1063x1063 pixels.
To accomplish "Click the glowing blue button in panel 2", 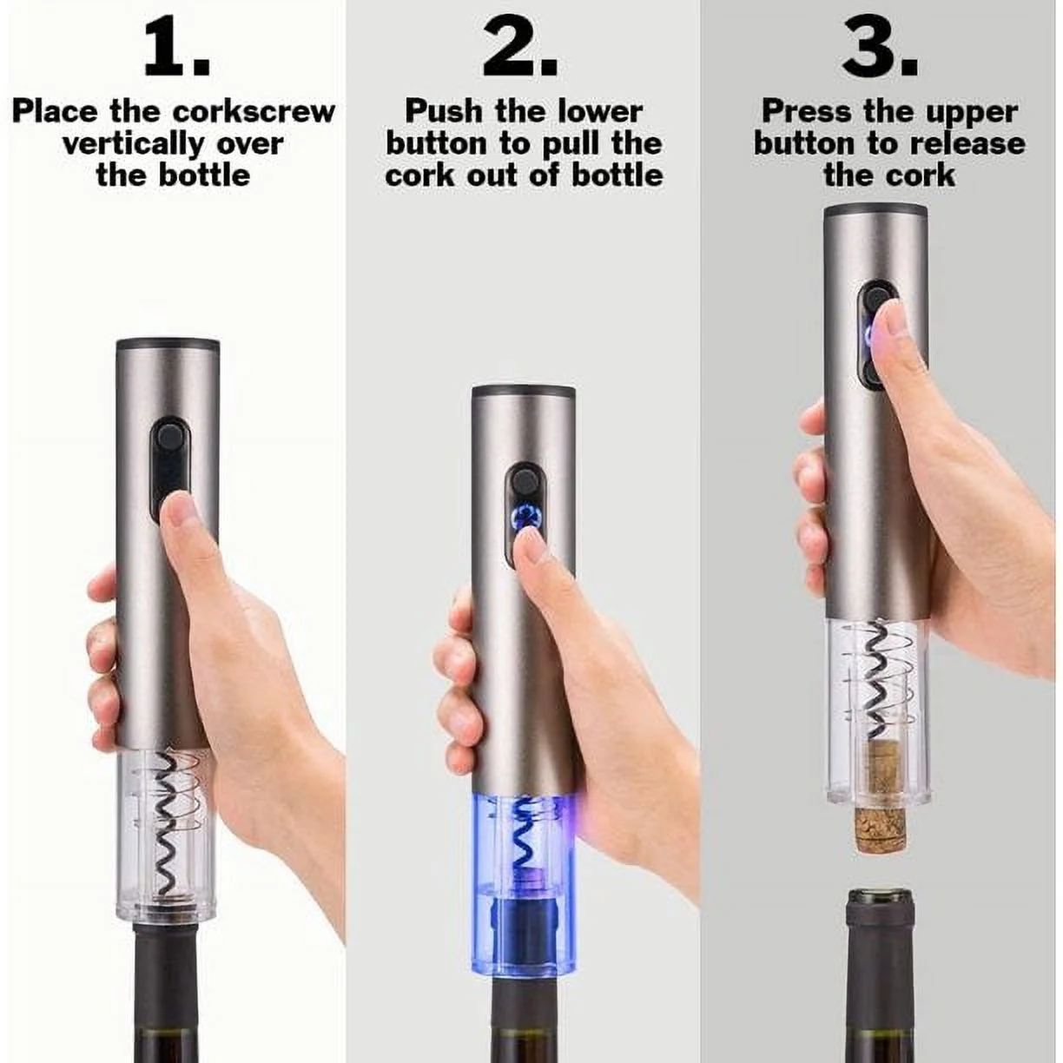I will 525,518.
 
